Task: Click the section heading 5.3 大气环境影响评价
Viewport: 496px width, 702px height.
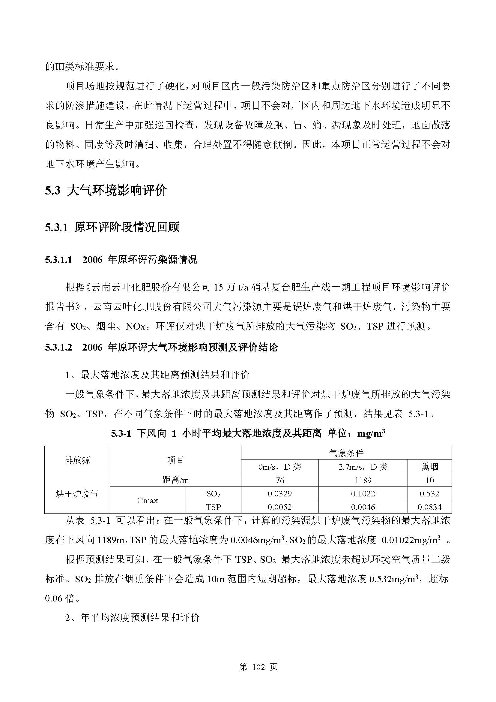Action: click(106, 191)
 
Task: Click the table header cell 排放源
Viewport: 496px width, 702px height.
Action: click(77, 460)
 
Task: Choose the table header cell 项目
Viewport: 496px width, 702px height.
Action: click(175, 460)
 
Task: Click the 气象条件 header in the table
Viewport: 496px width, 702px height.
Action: click(346, 453)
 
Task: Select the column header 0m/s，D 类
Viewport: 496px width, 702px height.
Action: click(279, 467)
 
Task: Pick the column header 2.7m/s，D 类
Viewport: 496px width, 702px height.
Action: click(363, 467)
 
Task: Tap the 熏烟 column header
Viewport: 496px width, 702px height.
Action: click(429, 467)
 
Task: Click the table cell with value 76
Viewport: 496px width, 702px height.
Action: click(279, 480)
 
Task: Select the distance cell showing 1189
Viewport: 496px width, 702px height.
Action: click(363, 480)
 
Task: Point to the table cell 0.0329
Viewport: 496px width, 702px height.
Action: click(279, 494)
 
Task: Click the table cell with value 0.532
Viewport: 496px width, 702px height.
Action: click(429, 494)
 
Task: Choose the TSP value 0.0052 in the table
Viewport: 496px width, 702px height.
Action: click(279, 507)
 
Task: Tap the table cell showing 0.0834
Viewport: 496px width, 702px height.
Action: click(429, 507)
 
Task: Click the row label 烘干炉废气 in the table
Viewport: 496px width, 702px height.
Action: click(77, 494)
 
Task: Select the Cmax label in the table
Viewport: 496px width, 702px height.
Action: click(148, 501)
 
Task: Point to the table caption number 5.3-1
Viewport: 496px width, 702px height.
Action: click(121, 434)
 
